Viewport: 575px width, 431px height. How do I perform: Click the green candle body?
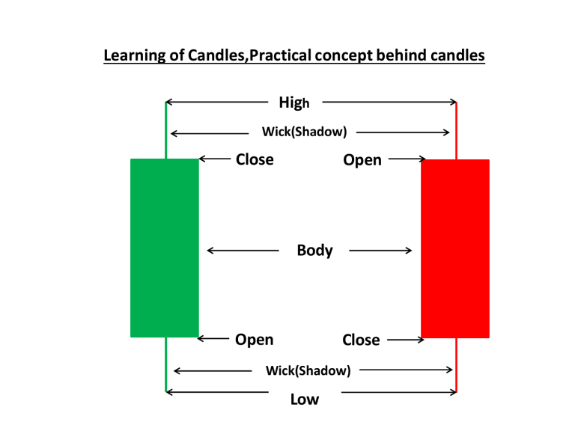click(x=165, y=248)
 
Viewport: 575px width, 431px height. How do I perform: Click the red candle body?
click(x=455, y=248)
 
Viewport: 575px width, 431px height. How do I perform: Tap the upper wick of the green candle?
click(x=165, y=130)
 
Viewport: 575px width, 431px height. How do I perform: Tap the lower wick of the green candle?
click(x=165, y=364)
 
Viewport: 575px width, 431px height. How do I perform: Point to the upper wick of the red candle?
click(x=456, y=130)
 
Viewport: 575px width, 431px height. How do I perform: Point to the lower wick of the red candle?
click(x=456, y=364)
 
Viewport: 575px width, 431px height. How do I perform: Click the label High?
click(x=293, y=103)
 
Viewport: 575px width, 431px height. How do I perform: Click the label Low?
click(x=304, y=399)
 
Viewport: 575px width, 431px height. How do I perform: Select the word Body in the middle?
click(x=314, y=250)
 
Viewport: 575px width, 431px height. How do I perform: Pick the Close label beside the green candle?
click(x=255, y=159)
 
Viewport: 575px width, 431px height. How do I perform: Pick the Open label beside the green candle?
click(x=254, y=340)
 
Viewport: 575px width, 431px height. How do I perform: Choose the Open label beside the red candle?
click(x=362, y=160)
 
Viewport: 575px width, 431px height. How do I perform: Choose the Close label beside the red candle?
click(x=361, y=340)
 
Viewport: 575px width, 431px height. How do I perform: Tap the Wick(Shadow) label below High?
click(x=304, y=132)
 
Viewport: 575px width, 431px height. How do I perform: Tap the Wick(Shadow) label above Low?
click(x=308, y=370)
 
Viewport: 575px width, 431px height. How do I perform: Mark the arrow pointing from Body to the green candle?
click(x=243, y=251)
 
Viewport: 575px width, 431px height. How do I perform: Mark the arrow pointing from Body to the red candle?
click(x=380, y=251)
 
